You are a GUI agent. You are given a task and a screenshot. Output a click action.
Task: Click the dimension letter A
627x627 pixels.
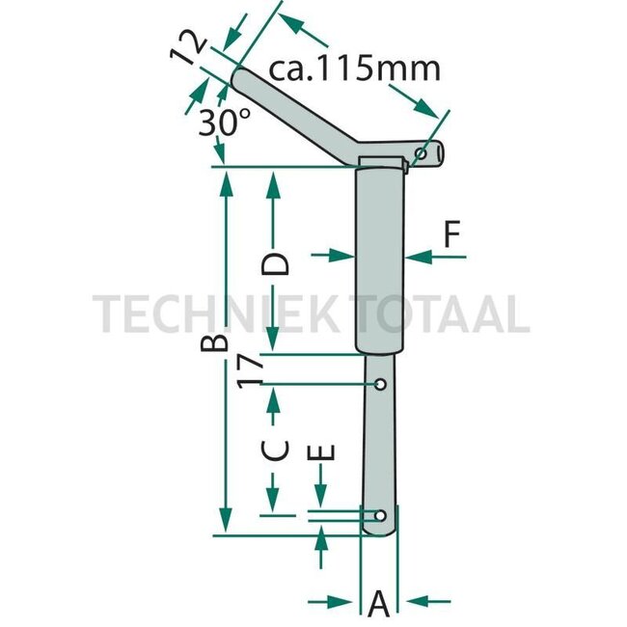[x=378, y=604]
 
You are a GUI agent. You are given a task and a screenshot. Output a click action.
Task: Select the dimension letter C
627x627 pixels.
[x=274, y=450]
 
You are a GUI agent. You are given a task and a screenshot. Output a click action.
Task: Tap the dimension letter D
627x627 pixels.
[x=274, y=264]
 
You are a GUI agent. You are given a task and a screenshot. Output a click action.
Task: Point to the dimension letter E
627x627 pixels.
[x=320, y=452]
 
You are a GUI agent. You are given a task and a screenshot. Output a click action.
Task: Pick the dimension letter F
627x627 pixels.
[x=452, y=234]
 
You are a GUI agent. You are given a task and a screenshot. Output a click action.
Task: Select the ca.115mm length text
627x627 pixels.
[x=354, y=69]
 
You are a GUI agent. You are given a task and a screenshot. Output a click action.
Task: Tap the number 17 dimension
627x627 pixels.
[x=250, y=372]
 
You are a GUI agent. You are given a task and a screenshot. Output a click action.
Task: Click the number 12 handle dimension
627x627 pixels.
[x=188, y=48]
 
